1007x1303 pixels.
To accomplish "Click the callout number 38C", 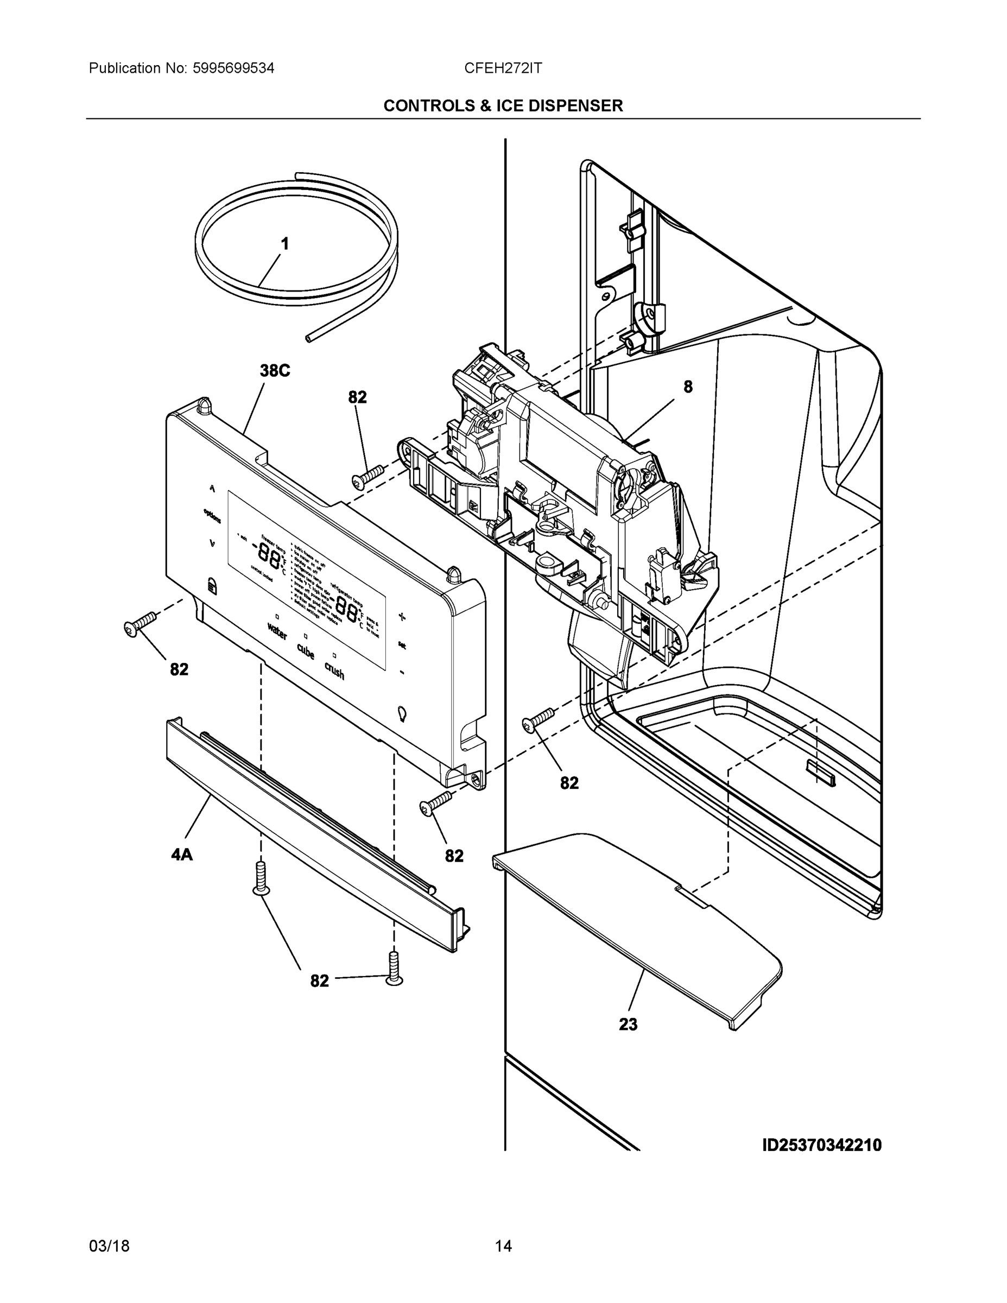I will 275,371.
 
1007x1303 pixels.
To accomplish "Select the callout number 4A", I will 182,855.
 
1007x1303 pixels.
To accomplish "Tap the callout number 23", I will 628,1024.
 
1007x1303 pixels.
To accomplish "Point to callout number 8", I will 688,387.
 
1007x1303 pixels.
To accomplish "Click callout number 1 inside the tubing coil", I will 284,244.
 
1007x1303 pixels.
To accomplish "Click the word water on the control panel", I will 277,631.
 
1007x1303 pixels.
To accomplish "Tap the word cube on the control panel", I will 306,651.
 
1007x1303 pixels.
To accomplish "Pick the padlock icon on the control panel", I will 212,585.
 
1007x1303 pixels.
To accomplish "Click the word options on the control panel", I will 212,515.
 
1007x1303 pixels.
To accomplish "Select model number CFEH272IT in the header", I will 503,68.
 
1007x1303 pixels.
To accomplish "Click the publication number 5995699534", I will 233,68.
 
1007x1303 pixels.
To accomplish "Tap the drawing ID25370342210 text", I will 821,1146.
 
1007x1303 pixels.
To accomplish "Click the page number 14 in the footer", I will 503,1247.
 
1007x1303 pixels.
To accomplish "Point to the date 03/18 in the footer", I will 109,1247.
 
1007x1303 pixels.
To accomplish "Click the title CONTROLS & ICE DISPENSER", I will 503,106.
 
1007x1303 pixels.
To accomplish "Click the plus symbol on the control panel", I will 402,616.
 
